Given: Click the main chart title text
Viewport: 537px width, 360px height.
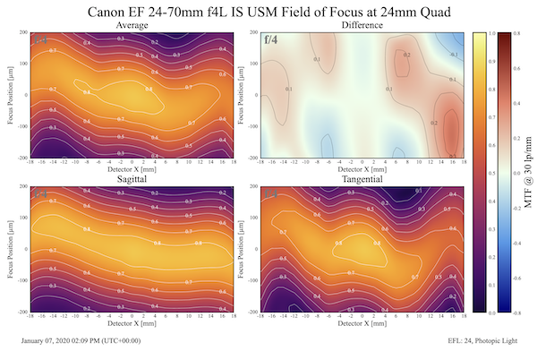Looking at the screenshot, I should point(268,12).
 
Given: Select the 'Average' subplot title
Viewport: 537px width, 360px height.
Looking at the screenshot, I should point(132,26).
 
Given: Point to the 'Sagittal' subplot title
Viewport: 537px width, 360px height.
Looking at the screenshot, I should point(132,179).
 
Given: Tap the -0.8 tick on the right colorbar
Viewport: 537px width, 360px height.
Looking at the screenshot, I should point(520,313).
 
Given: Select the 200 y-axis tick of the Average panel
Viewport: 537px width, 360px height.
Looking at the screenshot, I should point(21,32).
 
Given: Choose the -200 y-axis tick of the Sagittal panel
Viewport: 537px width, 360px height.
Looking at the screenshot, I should point(20,312).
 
